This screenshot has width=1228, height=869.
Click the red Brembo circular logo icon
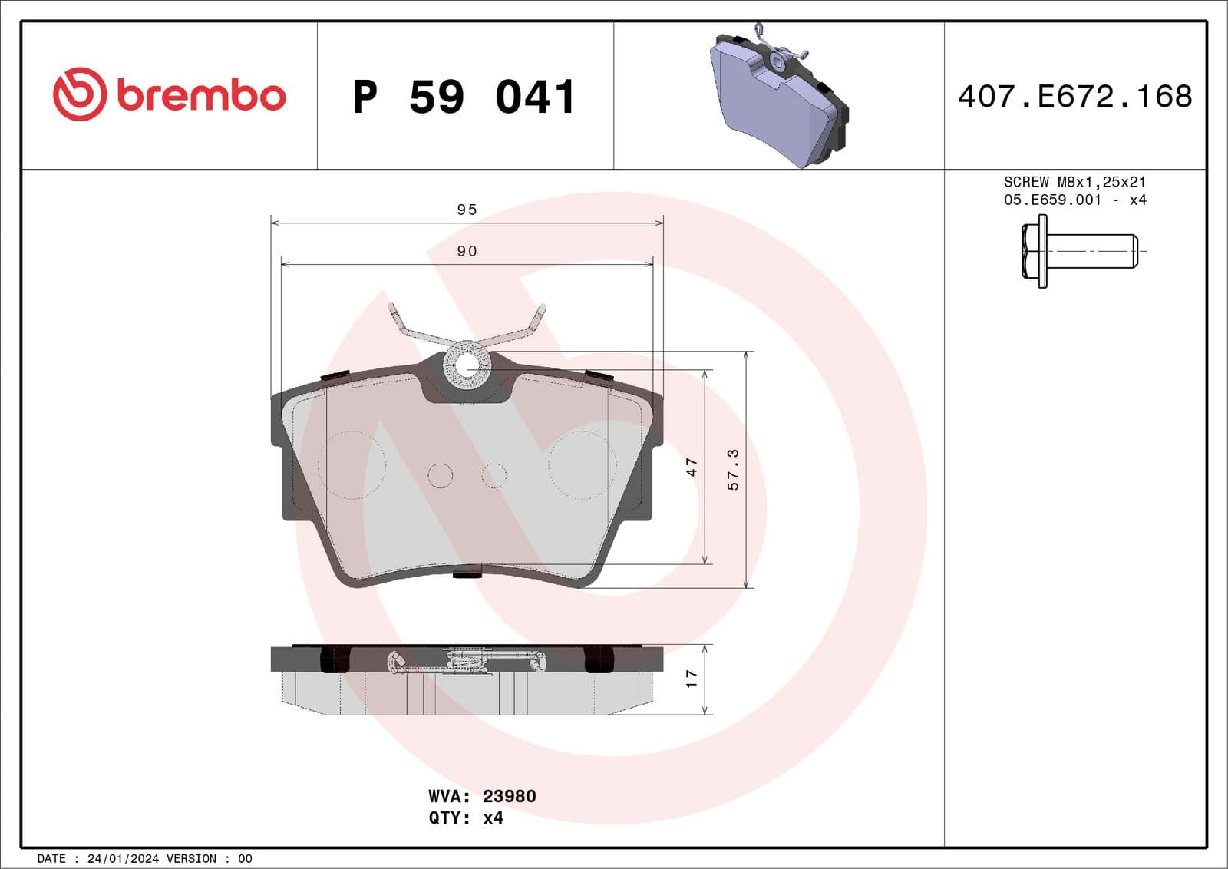pyautogui.click(x=79, y=94)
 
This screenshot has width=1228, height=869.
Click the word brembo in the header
pyautogui.click(x=202, y=96)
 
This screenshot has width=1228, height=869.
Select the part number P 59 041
pyautogui.click(x=464, y=97)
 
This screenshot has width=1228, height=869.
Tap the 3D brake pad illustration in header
pyautogui.click(x=779, y=96)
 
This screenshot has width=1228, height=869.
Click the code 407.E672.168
pyautogui.click(x=1074, y=97)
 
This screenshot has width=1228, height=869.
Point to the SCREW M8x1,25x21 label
pyautogui.click(x=1074, y=182)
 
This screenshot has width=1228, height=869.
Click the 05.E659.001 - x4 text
pyautogui.click(x=1074, y=200)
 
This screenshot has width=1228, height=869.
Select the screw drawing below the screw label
pyautogui.click(x=1078, y=251)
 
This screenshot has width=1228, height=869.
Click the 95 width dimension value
pyautogui.click(x=467, y=210)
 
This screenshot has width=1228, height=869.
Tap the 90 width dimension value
pyautogui.click(x=467, y=251)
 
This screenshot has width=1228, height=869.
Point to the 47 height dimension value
pyautogui.click(x=692, y=467)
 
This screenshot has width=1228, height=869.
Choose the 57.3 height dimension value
pyautogui.click(x=733, y=469)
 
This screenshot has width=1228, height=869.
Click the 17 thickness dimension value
pyautogui.click(x=692, y=679)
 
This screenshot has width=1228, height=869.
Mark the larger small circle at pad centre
pyautogui.click(x=441, y=476)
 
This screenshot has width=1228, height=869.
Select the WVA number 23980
pyautogui.click(x=509, y=796)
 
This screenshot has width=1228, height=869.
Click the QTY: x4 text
pyautogui.click(x=466, y=818)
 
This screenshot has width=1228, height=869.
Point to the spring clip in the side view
pyautogui.click(x=468, y=660)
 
